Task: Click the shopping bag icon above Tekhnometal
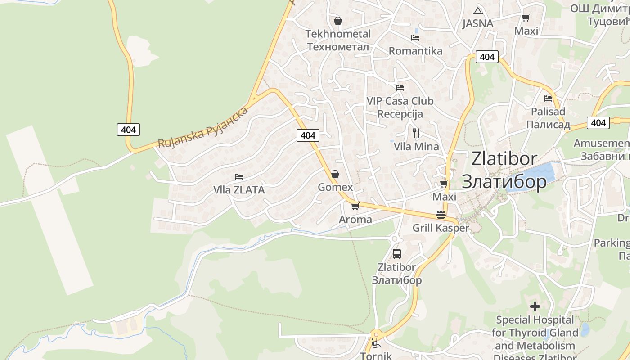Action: [x=338, y=21]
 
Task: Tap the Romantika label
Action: [x=415, y=51]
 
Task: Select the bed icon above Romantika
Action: [x=415, y=38]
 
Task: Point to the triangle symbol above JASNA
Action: [x=477, y=11]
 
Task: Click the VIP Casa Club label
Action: [x=400, y=101]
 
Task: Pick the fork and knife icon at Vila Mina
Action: [x=416, y=133]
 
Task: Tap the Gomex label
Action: [x=335, y=187]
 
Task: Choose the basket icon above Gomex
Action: [x=335, y=174]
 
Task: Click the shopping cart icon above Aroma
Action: [x=355, y=207]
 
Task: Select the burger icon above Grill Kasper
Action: [x=441, y=215]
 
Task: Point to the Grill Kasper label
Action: [x=441, y=228]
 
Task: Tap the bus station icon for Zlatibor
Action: [x=396, y=253]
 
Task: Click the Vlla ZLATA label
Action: [x=239, y=190]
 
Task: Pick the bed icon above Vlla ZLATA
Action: [x=239, y=177]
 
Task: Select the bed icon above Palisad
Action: [x=548, y=98]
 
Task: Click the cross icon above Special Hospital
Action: [x=535, y=306]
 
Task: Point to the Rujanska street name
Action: [x=202, y=128]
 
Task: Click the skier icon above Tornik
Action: [x=375, y=343]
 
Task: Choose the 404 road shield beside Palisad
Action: [x=598, y=122]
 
